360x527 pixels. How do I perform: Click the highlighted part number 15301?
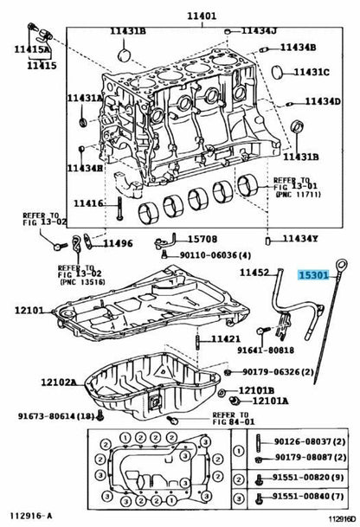[313, 275]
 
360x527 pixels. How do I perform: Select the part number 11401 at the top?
[202, 16]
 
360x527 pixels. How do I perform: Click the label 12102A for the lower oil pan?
[59, 382]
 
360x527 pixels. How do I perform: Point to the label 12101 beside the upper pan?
[29, 310]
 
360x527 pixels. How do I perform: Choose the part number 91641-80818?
[266, 350]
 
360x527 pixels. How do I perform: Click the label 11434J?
[259, 30]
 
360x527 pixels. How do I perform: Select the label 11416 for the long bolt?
[88, 203]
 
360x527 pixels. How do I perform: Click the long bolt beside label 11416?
[119, 208]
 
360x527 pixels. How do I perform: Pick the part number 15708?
[202, 239]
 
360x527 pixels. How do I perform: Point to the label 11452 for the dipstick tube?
[254, 273]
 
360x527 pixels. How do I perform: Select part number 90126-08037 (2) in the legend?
[310, 441]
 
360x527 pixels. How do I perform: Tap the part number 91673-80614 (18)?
[56, 415]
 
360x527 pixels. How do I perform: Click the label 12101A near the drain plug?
[270, 401]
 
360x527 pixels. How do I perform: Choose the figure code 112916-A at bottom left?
[31, 516]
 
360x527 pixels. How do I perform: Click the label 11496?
[118, 243]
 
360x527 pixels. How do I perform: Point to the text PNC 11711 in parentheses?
[299, 194]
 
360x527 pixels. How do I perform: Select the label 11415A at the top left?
[32, 49]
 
